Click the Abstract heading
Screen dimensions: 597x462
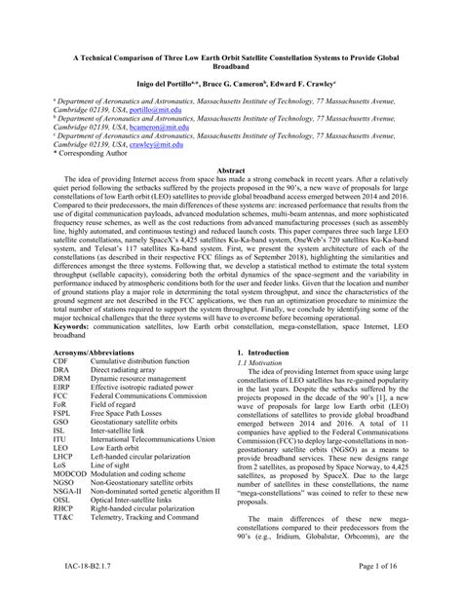230,169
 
